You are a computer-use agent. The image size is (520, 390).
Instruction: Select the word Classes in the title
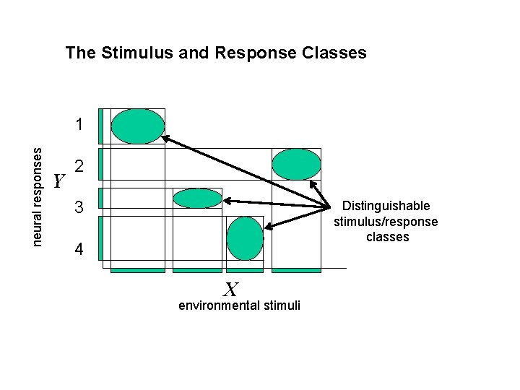334,53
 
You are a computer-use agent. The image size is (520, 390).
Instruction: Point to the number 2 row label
81,167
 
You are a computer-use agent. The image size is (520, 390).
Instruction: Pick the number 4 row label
81,251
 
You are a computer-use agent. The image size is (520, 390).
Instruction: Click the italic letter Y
60,181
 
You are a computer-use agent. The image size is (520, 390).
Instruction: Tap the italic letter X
230,290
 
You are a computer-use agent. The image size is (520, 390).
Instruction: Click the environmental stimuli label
239,306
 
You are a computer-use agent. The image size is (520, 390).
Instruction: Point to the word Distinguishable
386,207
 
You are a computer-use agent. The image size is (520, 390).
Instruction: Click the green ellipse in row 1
138,126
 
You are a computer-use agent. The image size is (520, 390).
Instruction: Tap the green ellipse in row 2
296,164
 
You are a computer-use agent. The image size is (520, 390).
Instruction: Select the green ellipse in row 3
197,199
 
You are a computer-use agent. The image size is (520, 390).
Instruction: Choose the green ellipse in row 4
244,238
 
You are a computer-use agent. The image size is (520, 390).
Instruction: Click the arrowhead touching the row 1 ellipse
165,137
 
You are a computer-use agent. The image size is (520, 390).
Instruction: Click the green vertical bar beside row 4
100,238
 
